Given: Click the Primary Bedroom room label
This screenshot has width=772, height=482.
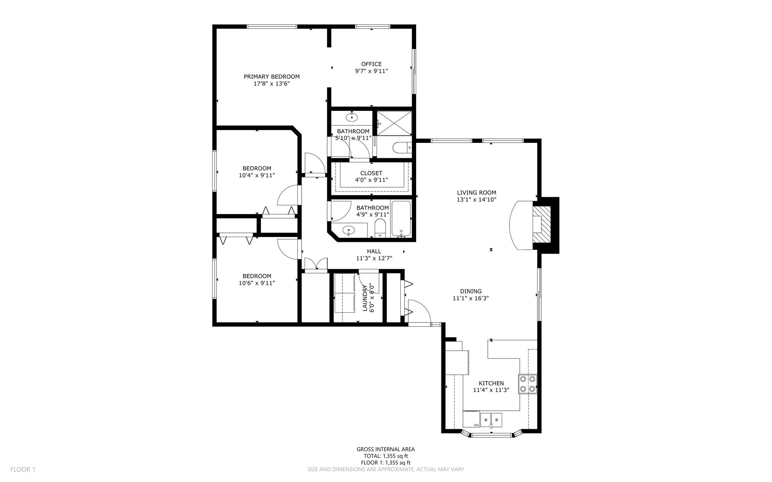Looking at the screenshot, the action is pos(271,77).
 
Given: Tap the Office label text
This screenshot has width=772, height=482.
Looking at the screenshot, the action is pos(371,64).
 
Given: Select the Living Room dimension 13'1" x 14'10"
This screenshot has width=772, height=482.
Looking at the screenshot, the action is pos(476,200).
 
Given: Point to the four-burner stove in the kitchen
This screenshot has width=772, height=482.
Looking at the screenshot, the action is pos(528,384).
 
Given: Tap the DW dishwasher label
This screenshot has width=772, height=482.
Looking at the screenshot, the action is pos(476,425).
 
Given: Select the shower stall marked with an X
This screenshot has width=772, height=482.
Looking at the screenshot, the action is pos(394,123).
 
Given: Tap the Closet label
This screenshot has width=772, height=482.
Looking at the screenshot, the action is pos(371,173).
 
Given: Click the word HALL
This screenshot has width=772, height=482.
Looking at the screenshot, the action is pos(374,251).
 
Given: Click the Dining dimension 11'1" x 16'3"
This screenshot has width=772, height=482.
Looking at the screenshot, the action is pos(471,298).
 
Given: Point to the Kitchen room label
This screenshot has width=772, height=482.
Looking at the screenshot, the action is pos(491,383).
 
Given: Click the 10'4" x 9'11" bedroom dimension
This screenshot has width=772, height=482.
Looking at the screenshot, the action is pos(257,175).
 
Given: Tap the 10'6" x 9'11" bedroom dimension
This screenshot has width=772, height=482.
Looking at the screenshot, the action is pos(257,283).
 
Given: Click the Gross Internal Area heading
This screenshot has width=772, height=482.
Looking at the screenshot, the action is pos(386,449).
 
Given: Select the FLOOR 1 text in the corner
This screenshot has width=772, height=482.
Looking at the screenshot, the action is pos(23,470).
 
